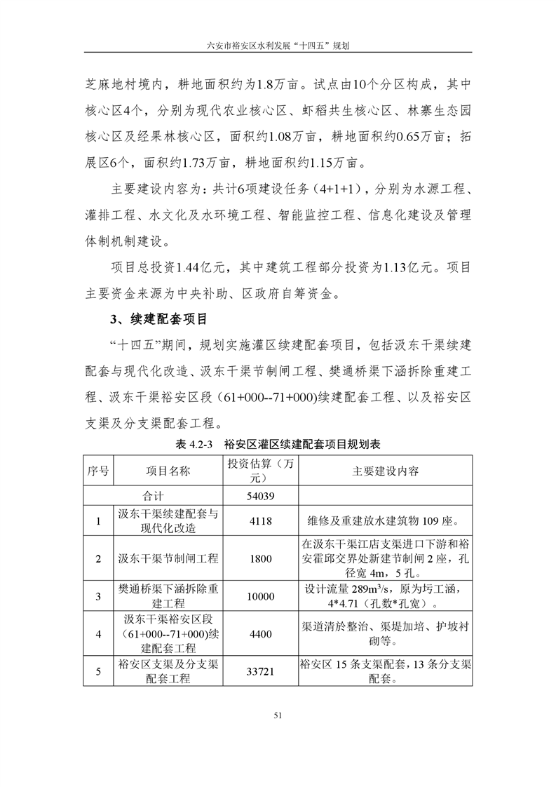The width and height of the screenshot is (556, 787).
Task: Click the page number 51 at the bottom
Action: click(278, 716)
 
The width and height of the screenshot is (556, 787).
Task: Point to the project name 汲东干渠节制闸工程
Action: click(168, 559)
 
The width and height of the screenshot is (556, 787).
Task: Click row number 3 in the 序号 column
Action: click(98, 596)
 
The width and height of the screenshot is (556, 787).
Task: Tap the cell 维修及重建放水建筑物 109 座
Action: click(383, 521)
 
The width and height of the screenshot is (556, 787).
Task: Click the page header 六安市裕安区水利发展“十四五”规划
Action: click(278, 43)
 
